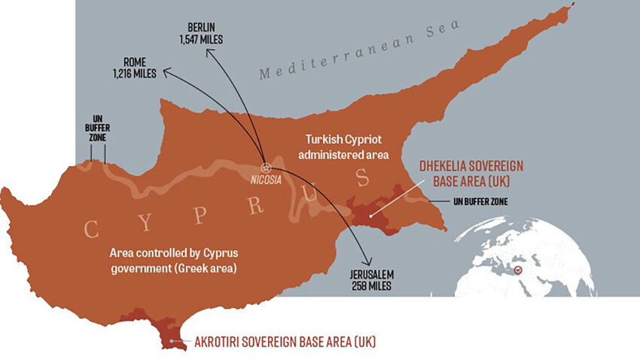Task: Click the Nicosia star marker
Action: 265,167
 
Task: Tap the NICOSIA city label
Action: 265,182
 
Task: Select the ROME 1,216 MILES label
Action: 133,68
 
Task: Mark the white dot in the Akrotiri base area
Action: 172,341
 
